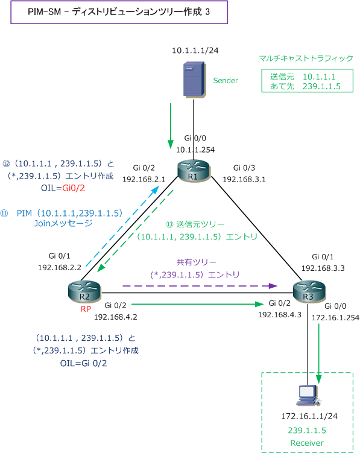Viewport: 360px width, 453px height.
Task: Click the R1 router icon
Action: (x=194, y=171)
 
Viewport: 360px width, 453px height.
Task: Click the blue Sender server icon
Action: (x=194, y=79)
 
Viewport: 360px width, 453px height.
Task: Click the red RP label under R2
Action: (x=86, y=309)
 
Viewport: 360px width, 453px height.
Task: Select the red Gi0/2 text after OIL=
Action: (x=74, y=188)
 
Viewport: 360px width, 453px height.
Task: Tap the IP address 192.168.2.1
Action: (x=144, y=179)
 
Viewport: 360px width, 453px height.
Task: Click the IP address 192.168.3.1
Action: (x=244, y=179)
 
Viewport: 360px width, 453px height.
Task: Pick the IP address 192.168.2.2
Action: (x=60, y=268)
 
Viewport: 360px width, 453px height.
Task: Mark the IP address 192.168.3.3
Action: (x=323, y=268)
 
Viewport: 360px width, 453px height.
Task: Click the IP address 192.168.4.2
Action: (x=116, y=317)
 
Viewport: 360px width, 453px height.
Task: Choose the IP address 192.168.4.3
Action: (x=280, y=315)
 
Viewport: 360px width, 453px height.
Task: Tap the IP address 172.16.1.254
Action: (x=335, y=318)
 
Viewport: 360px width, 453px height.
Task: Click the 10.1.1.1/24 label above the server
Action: (x=195, y=51)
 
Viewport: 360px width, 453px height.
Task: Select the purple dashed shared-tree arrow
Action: (x=200, y=286)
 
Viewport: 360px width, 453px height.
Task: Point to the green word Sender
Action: (x=226, y=81)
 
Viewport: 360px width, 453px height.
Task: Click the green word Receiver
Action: (x=307, y=443)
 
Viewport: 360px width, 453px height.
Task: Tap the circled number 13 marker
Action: (x=169, y=224)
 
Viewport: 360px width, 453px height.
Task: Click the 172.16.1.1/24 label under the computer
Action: (x=309, y=416)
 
